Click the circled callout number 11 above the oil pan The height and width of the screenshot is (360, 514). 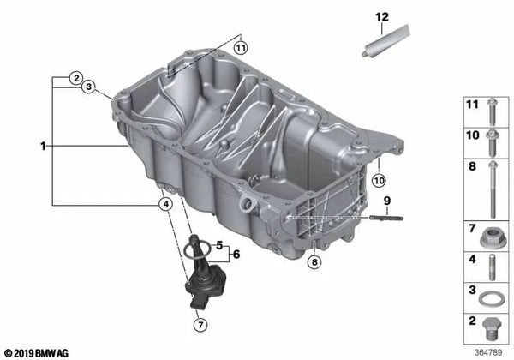tap(241, 48)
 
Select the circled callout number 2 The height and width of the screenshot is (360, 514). tap(75, 77)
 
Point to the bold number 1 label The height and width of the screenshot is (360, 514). tap(41, 147)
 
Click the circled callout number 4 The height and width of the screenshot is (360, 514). tap(164, 204)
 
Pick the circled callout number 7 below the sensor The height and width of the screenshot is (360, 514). tap(199, 325)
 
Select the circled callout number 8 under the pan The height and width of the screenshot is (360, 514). tap(315, 261)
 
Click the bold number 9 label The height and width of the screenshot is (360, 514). tap(386, 201)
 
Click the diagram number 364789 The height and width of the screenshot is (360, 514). tap(488, 351)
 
